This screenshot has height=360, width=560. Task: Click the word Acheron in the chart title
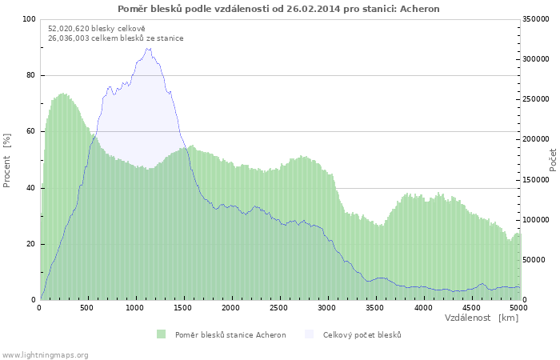pos(420,9)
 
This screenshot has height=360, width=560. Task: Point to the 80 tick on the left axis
pos(30,75)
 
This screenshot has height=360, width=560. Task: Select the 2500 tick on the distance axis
pos(278,307)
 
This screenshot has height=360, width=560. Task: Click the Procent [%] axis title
pos(6,160)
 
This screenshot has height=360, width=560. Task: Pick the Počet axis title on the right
pos(553,160)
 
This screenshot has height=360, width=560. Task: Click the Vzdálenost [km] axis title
pos(481,318)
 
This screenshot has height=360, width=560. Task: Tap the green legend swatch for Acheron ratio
pos(162,334)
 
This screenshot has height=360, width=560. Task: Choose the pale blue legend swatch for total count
pos(310,334)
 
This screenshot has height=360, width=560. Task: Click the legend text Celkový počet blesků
pos(362,335)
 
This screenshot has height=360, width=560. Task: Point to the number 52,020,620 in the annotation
pos(69,29)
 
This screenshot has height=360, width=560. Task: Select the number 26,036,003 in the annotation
pos(69,38)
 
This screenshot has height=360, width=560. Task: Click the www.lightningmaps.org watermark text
pos(44,355)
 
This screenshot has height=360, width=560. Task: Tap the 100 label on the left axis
pos(29,19)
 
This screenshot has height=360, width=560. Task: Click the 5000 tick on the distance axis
pos(518,307)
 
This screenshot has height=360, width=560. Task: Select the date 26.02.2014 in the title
pos(313,9)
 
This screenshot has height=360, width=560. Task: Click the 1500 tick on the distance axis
pos(183,307)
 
